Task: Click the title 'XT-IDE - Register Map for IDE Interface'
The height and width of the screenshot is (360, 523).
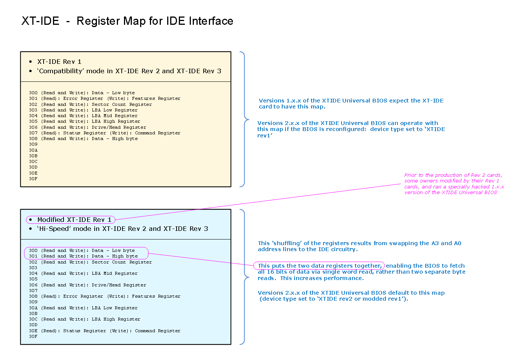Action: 127,21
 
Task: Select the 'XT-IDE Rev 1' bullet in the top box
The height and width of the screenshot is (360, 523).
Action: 59,62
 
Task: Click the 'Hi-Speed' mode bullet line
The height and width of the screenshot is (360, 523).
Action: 122,229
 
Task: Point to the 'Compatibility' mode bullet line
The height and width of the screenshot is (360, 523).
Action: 129,71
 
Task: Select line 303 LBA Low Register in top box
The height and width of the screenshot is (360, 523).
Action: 83,110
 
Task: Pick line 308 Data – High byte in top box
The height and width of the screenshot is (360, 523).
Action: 83,139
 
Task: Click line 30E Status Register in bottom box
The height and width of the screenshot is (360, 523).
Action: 104,331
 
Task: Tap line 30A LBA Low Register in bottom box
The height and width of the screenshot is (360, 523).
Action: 83,308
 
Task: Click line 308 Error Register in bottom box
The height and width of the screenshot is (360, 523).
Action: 104,296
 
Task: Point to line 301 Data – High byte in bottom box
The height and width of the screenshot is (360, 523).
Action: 83,256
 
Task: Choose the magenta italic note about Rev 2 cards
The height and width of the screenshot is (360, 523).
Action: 454,184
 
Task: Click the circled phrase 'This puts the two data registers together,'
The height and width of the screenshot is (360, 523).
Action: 319,266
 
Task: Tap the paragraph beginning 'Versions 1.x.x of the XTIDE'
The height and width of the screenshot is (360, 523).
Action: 351,104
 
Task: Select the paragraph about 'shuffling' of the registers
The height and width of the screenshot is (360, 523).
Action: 359,246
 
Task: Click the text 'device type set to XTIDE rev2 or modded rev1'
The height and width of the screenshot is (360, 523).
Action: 334,299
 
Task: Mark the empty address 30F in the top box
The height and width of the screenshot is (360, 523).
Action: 33,179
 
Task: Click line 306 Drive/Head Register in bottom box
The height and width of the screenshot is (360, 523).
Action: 87,285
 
